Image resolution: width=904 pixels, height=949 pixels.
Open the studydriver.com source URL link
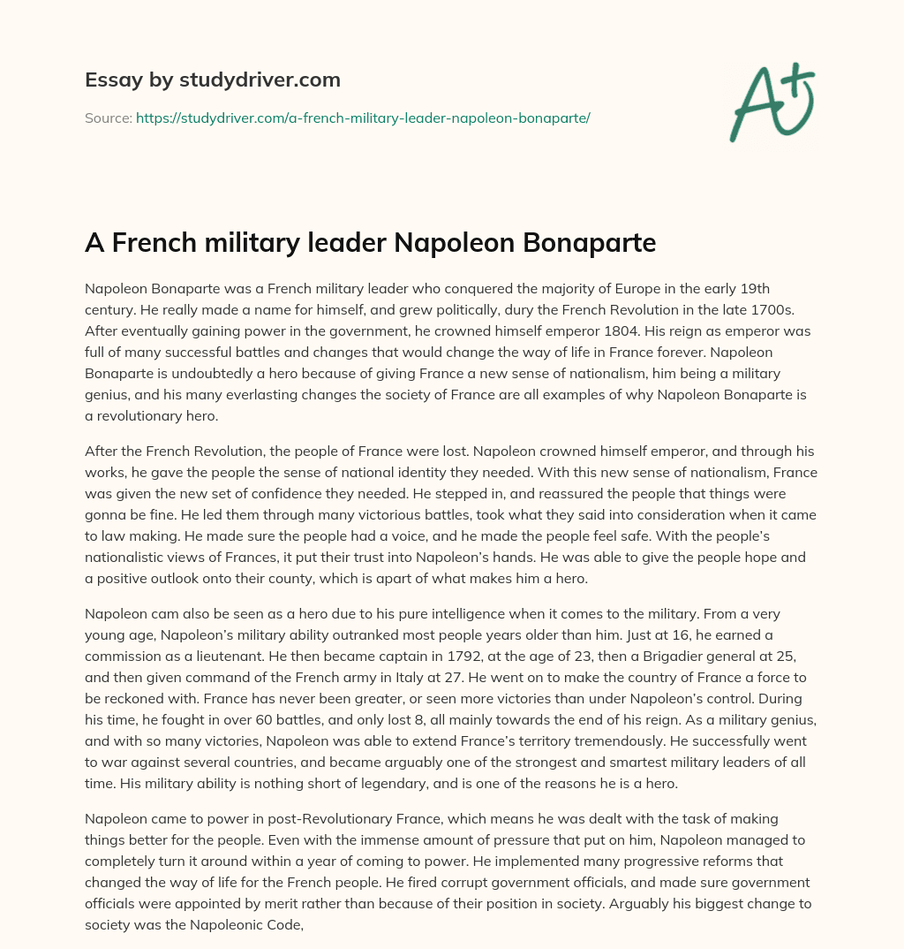(363, 118)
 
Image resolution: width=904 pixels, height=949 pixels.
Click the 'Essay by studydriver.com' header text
(213, 80)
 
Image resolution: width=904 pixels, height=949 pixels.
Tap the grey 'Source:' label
(109, 118)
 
